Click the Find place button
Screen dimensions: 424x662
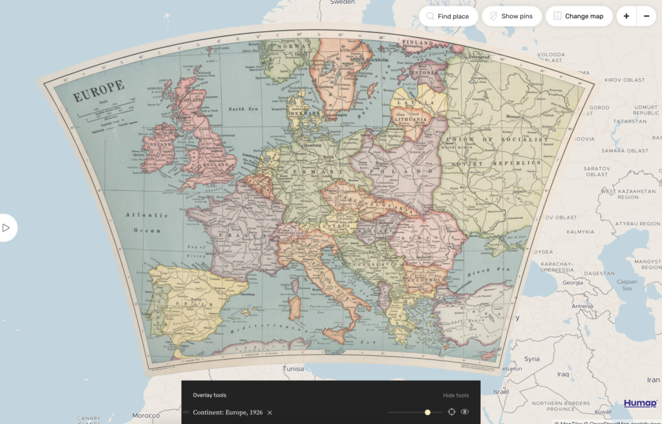pyautogui.click(x=448, y=16)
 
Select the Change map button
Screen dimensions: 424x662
pyautogui.click(x=579, y=16)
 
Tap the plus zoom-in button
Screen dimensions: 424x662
pyautogui.click(x=626, y=16)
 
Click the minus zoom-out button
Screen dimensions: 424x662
pyautogui.click(x=646, y=16)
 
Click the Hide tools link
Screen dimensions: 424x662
pyautogui.click(x=456, y=396)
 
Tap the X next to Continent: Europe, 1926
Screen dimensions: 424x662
pyautogui.click(x=270, y=412)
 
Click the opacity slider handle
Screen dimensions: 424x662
pyautogui.click(x=427, y=412)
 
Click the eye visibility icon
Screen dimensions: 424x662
pyautogui.click(x=465, y=412)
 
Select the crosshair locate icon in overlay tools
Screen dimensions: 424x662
pyautogui.click(x=451, y=412)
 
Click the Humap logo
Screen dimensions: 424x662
pyautogui.click(x=640, y=403)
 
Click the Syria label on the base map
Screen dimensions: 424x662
pyautogui.click(x=531, y=359)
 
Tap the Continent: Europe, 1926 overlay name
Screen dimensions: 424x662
pyautogui.click(x=228, y=412)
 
